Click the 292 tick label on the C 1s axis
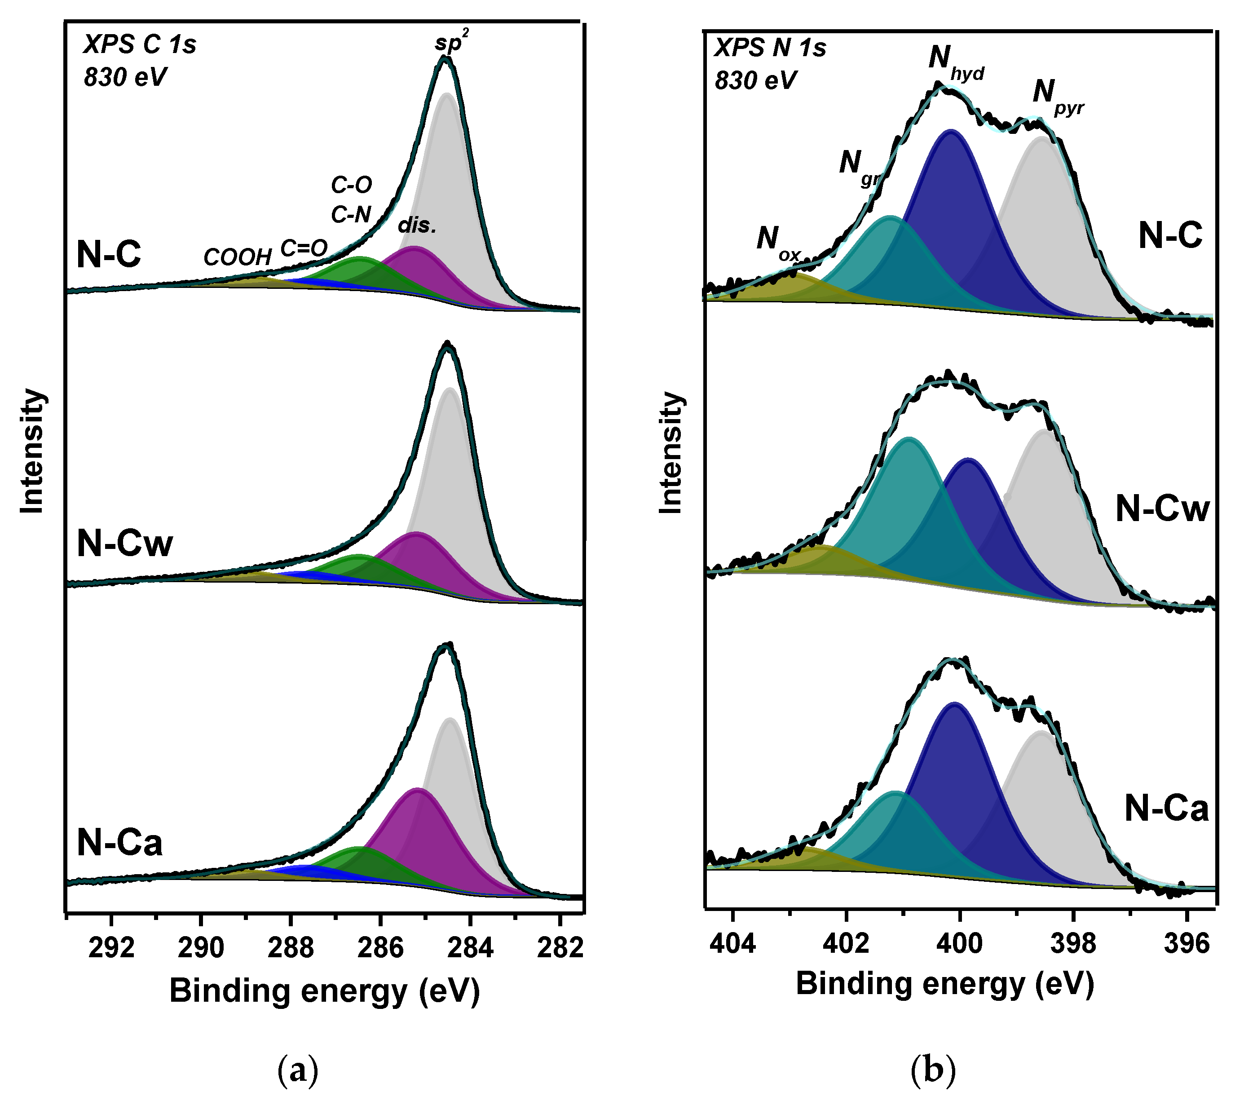[x=111, y=948]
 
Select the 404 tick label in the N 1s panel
[x=733, y=943]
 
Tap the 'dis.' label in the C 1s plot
[x=418, y=226]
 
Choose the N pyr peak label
[x=1058, y=97]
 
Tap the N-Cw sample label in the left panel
[x=125, y=543]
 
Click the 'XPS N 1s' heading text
[x=770, y=48]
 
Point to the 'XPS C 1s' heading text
[x=140, y=44]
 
